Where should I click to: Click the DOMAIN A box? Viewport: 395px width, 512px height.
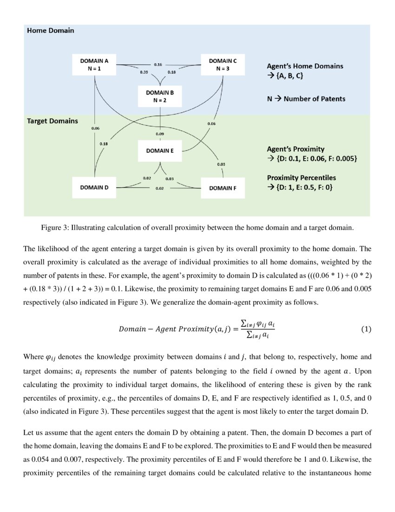tap(94, 65)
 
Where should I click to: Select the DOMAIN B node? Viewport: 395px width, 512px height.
tap(160, 96)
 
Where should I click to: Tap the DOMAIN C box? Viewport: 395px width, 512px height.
tap(223, 65)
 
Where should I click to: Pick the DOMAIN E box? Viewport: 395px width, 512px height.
tap(160, 151)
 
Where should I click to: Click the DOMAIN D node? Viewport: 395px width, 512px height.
tap(94, 188)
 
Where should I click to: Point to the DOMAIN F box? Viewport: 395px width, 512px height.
tap(223, 188)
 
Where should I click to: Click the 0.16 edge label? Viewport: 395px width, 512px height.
tap(158, 64)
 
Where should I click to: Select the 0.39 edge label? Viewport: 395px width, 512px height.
tap(144, 72)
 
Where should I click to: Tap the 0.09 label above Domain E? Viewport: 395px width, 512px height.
tap(160, 134)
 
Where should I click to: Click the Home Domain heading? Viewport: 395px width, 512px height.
tap(50, 31)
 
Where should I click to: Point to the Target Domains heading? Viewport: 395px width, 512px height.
tap(52, 121)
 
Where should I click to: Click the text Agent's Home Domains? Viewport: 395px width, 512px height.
tap(305, 66)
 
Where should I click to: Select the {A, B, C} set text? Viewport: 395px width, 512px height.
tap(289, 75)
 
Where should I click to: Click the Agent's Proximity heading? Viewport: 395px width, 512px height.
tap(296, 149)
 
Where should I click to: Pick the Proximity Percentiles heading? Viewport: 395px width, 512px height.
tap(301, 178)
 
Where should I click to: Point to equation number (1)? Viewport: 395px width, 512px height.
tap(366, 329)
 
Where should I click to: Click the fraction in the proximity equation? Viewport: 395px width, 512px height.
tap(255, 329)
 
